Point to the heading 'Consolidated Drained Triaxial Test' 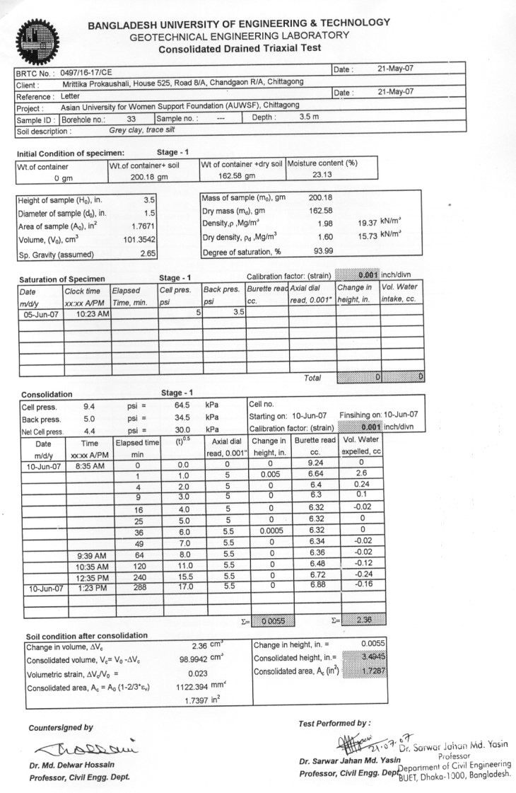click(240, 48)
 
